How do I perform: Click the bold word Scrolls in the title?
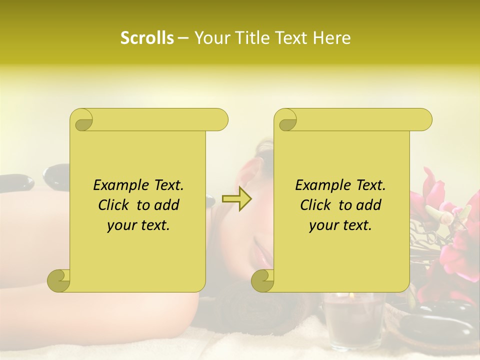147,38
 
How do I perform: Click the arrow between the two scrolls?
236,199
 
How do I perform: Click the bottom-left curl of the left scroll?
58,280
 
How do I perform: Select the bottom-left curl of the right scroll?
262,280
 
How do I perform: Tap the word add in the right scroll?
368,205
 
